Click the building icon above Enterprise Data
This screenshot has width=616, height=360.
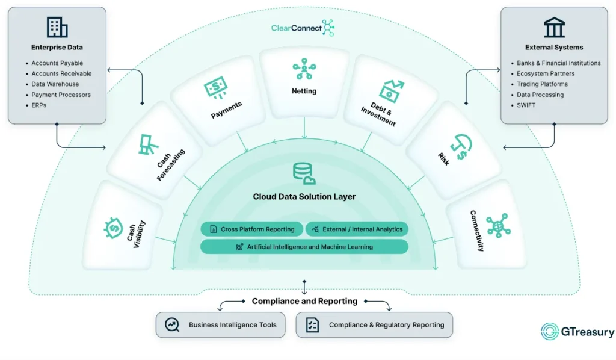pyautogui.click(x=57, y=27)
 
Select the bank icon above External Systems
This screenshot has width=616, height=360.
pyautogui.click(x=554, y=27)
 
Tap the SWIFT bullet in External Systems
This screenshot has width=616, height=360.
pyautogui.click(x=526, y=105)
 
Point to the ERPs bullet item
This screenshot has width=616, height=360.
pyautogui.click(x=38, y=105)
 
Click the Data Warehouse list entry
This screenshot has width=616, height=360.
pyautogui.click(x=55, y=84)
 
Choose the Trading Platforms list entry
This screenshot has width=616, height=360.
pyautogui.click(x=542, y=84)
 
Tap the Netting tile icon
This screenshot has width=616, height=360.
pyautogui.click(x=304, y=70)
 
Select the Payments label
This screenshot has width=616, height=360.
pyautogui.click(x=226, y=110)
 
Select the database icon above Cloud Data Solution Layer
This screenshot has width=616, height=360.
pyautogui.click(x=304, y=173)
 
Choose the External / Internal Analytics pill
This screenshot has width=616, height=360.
pyautogui.click(x=357, y=229)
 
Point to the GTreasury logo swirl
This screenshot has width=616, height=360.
pyautogui.click(x=550, y=332)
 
